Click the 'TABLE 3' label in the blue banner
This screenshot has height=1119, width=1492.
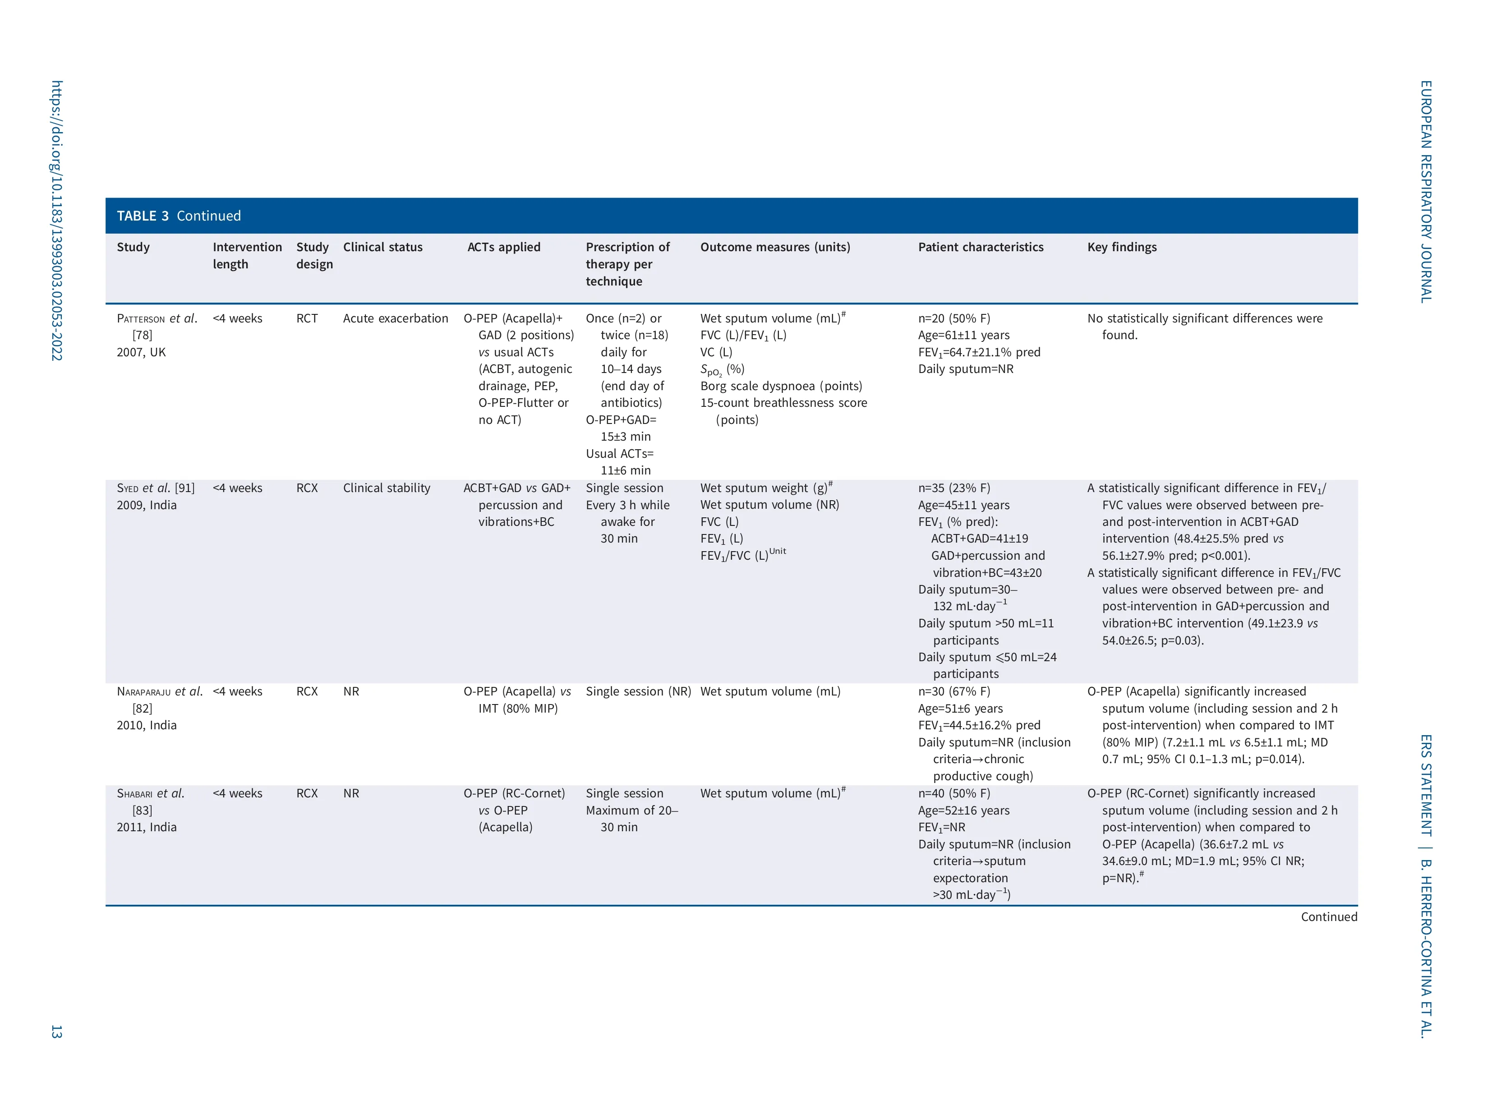click(143, 216)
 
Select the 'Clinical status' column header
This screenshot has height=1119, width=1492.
click(382, 247)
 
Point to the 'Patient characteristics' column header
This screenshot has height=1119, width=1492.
click(980, 247)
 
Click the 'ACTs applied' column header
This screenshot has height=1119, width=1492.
click(504, 247)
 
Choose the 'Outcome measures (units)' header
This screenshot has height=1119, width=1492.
click(775, 247)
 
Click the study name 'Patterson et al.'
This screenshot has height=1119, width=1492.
click(157, 318)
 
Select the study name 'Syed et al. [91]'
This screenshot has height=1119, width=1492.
click(155, 488)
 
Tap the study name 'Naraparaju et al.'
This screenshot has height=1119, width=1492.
click(159, 691)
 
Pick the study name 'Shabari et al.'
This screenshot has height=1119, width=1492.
click(150, 793)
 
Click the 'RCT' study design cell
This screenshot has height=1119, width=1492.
click(307, 318)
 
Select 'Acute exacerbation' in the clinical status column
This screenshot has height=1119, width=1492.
click(395, 318)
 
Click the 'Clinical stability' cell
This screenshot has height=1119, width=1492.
click(387, 488)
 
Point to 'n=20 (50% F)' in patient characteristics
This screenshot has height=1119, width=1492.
click(954, 318)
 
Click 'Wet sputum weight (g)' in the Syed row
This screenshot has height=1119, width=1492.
click(764, 488)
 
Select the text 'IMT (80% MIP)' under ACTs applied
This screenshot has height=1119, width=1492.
click(518, 708)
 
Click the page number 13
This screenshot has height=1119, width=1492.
click(57, 1032)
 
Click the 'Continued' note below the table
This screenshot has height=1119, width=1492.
click(1328, 916)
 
